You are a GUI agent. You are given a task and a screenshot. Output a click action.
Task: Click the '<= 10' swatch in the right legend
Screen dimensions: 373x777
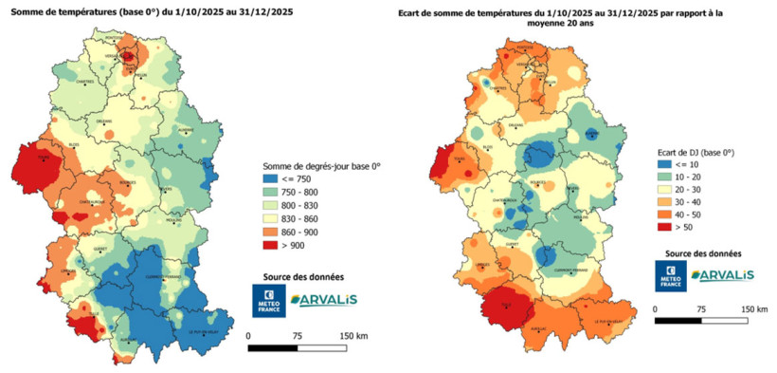point(664,163)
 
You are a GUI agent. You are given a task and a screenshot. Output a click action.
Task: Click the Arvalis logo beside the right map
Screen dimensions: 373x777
point(722,275)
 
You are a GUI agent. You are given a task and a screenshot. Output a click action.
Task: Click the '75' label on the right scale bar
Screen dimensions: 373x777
point(700,309)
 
